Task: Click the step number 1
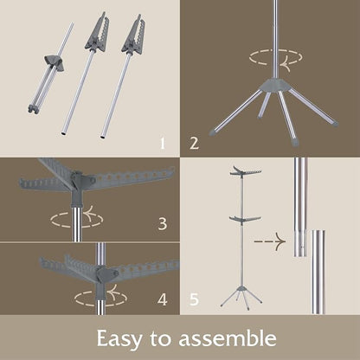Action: tap(163, 144)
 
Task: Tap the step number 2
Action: tap(194, 143)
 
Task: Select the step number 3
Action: tap(163, 223)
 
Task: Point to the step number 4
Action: tap(163, 299)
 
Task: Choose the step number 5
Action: tap(194, 299)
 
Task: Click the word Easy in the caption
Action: tap(119, 339)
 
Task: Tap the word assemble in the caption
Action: tap(228, 338)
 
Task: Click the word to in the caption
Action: tap(160, 339)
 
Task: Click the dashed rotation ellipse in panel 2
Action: tap(276, 57)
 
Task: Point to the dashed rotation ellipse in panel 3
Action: tap(76, 220)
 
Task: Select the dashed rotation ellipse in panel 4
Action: tap(100, 298)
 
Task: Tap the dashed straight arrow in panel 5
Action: tap(270, 241)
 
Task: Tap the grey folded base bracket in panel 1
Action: tap(54, 62)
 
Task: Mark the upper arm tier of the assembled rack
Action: tap(246, 170)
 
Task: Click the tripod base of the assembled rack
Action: tap(241, 296)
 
